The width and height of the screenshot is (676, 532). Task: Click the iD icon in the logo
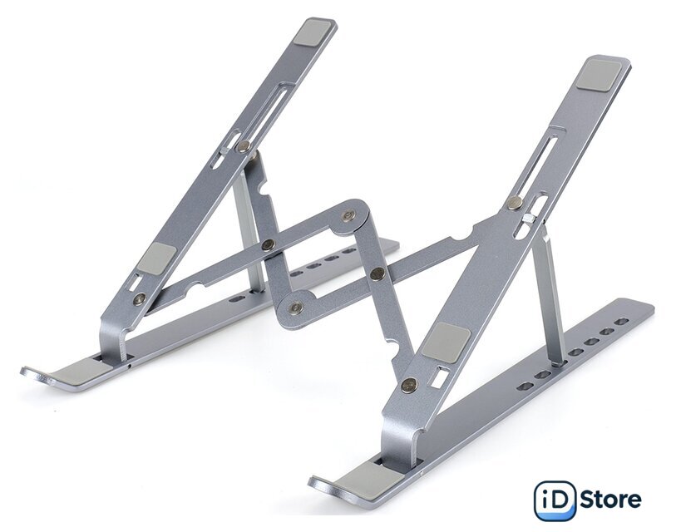555,500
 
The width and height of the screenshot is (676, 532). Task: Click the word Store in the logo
610,500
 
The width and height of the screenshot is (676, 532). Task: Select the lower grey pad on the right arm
446,342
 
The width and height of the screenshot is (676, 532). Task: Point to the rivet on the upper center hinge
348,215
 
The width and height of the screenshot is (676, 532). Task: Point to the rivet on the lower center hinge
295,307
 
